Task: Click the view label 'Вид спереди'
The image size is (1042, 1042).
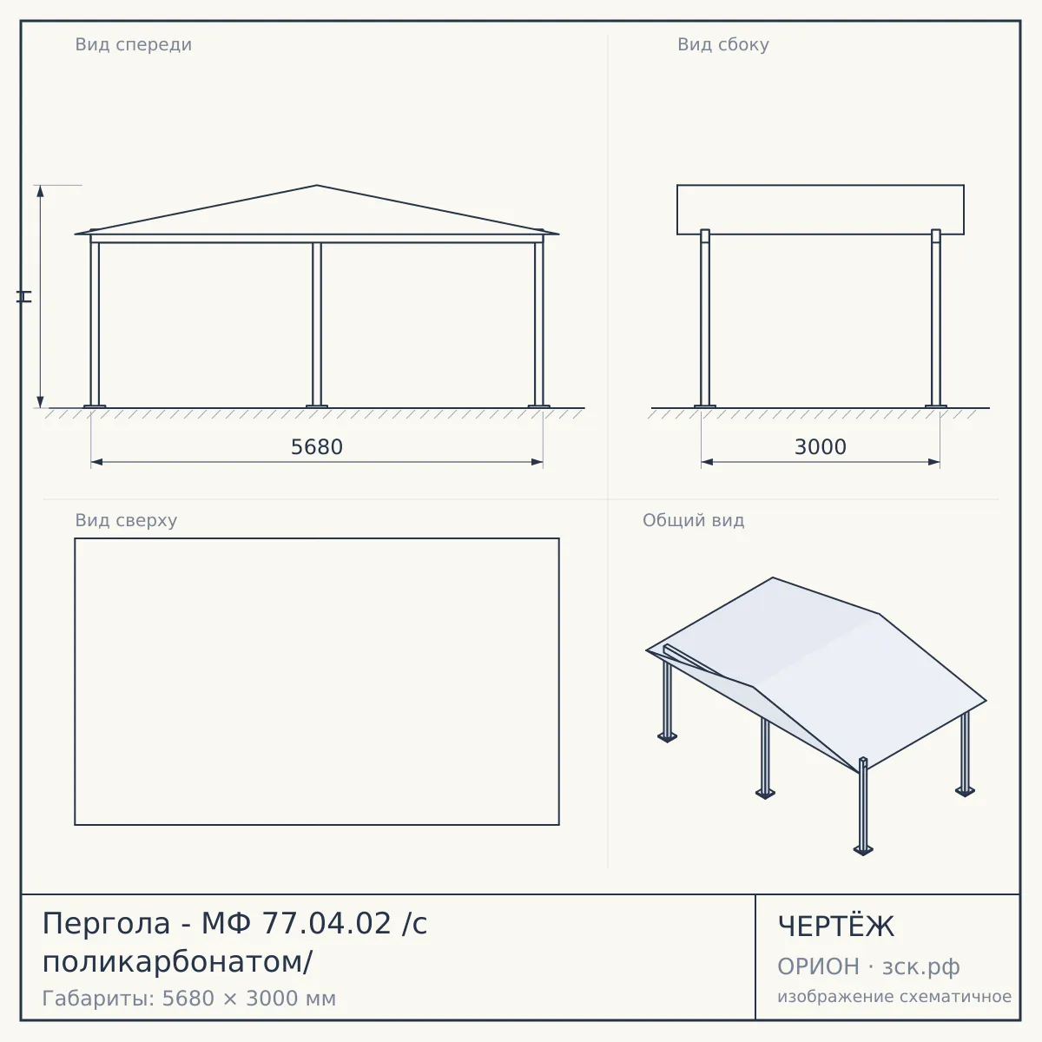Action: point(134,44)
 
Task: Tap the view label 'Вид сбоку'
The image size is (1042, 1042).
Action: point(723,44)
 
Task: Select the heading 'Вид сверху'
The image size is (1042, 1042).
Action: point(126,520)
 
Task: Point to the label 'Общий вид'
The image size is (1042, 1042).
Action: point(693,520)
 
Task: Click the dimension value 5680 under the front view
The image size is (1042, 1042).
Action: point(317,447)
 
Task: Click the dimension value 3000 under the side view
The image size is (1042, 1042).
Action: point(821,447)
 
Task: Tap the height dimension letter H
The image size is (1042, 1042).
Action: point(24,296)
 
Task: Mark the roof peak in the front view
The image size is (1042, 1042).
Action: point(317,186)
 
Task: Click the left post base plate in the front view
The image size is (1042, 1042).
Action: point(95,406)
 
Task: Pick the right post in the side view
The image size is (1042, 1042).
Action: point(936,318)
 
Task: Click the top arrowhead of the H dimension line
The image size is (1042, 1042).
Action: point(40,191)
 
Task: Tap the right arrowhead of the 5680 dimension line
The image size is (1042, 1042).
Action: point(537,462)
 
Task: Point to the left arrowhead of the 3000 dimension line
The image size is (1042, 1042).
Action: point(708,462)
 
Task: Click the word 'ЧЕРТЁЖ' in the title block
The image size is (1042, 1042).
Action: point(836,927)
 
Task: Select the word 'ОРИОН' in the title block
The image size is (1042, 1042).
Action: point(818,966)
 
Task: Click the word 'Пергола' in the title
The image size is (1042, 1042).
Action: point(106,924)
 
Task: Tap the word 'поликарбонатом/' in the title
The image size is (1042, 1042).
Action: point(177,962)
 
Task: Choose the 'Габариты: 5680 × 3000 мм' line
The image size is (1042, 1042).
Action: point(189,999)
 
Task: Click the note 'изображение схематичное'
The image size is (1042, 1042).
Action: point(894,996)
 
